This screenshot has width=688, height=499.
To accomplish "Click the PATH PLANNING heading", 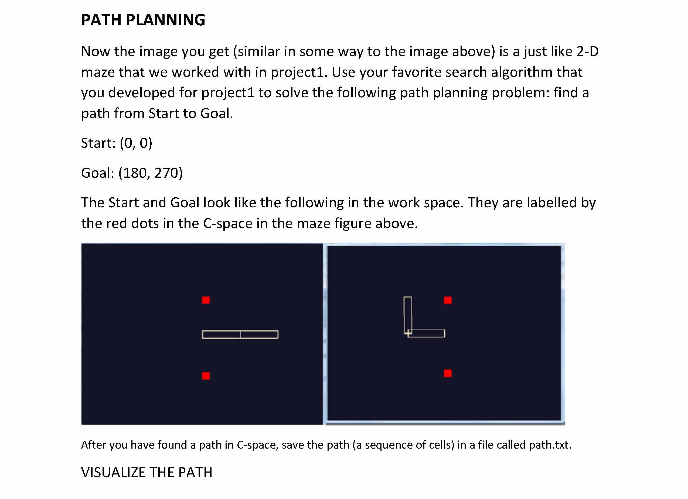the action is click(x=143, y=20).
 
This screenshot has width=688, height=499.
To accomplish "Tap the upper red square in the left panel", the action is click(x=206, y=300).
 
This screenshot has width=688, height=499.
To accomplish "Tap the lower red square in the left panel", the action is click(x=206, y=376).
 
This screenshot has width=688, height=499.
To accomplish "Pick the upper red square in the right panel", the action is click(x=448, y=300).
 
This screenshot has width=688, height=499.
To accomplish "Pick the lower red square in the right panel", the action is click(x=448, y=373).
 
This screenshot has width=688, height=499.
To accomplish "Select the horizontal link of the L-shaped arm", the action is click(x=426, y=333).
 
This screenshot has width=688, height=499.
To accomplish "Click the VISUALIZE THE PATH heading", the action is click(x=147, y=472).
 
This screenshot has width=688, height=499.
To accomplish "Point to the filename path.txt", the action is click(x=550, y=445).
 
